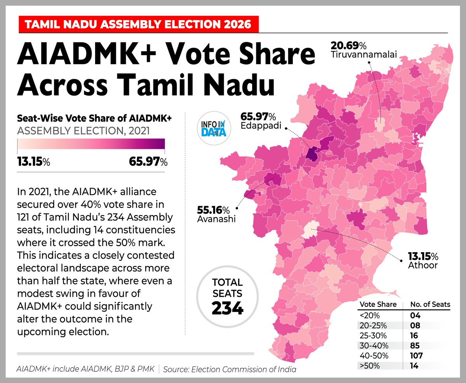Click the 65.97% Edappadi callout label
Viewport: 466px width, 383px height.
click(259, 122)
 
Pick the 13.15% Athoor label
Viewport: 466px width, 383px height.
click(423, 261)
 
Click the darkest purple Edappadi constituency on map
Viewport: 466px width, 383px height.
click(311, 152)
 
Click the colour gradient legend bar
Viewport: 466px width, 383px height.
click(91, 144)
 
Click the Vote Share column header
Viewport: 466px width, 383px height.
click(378, 304)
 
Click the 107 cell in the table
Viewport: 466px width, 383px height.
click(416, 355)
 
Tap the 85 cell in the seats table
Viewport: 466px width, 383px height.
click(413, 345)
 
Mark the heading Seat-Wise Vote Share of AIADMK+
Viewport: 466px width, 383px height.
click(94, 118)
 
